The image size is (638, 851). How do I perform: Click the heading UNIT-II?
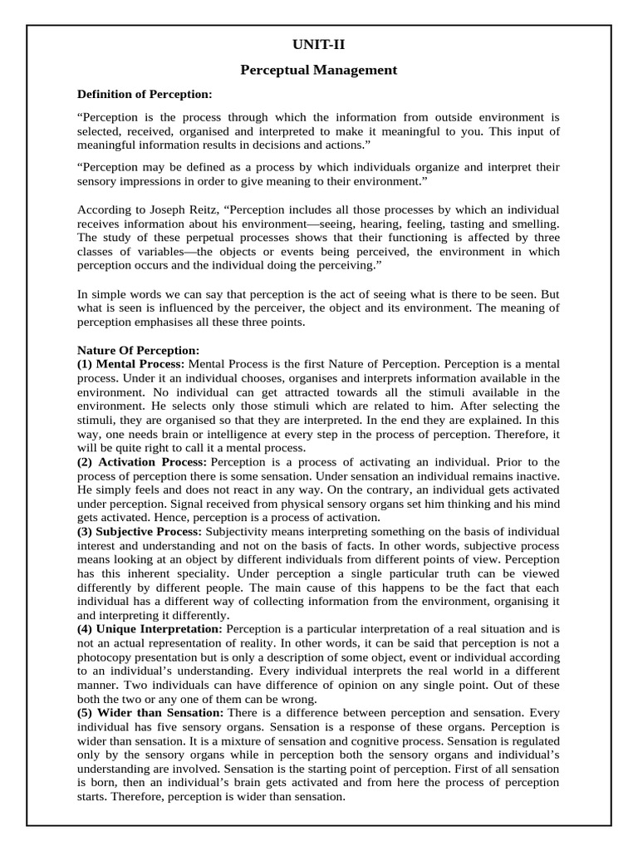point(319,45)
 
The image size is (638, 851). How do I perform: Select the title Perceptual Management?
point(319,71)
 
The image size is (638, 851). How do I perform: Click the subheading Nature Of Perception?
point(138,351)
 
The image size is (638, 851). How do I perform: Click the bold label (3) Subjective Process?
point(140,530)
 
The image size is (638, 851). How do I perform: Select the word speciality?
point(189,573)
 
